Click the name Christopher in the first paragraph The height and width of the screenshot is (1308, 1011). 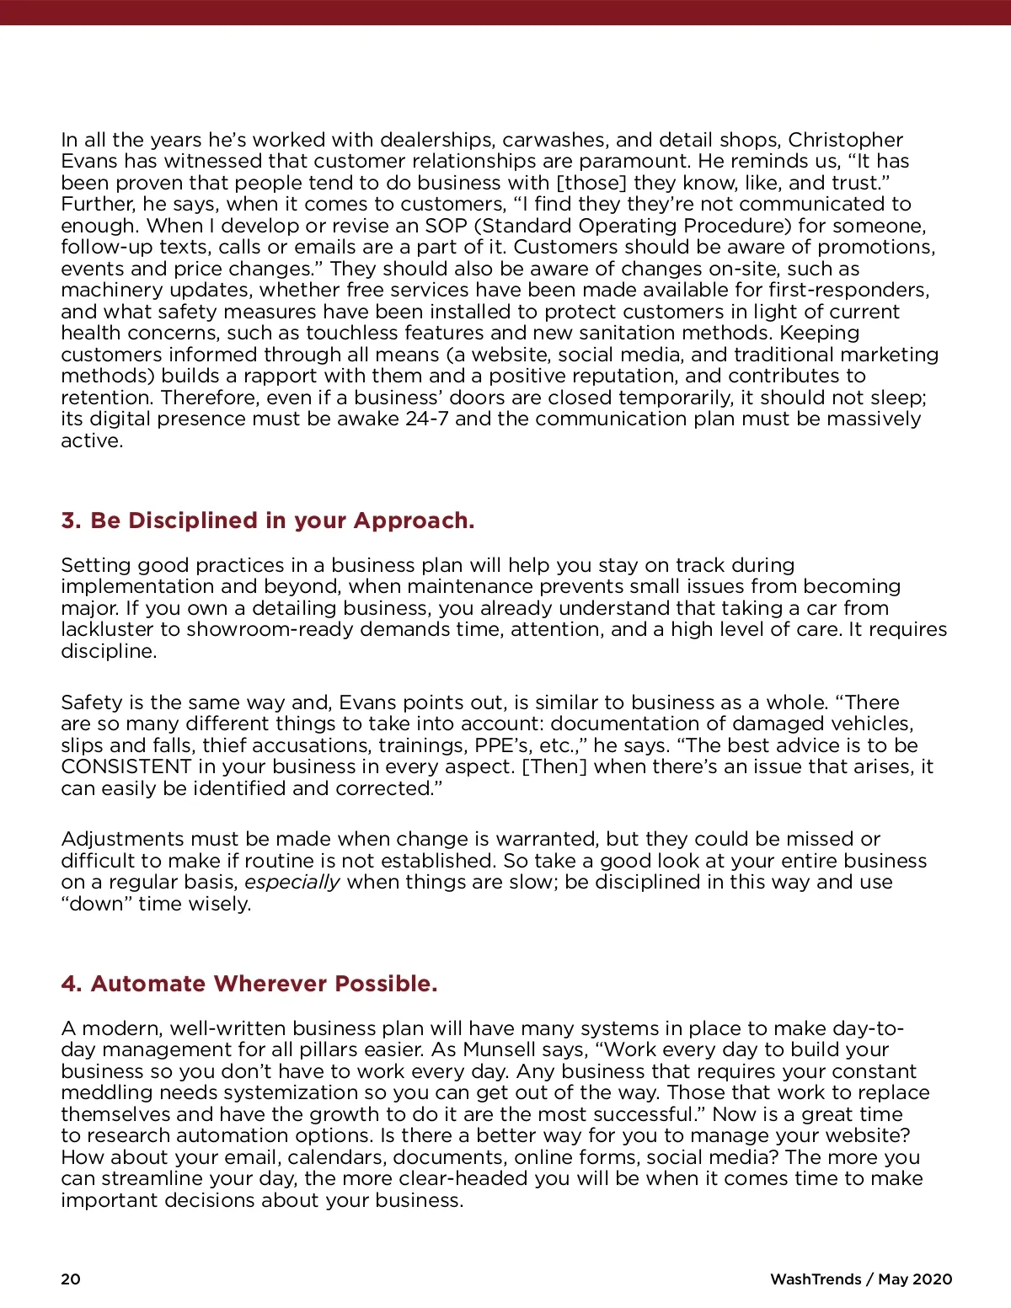pos(845,140)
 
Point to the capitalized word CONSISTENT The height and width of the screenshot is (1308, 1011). pos(126,767)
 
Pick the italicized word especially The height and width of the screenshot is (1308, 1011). pos(292,883)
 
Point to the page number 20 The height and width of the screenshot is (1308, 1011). pos(71,1279)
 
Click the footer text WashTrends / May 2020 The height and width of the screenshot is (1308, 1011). pos(861,1279)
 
